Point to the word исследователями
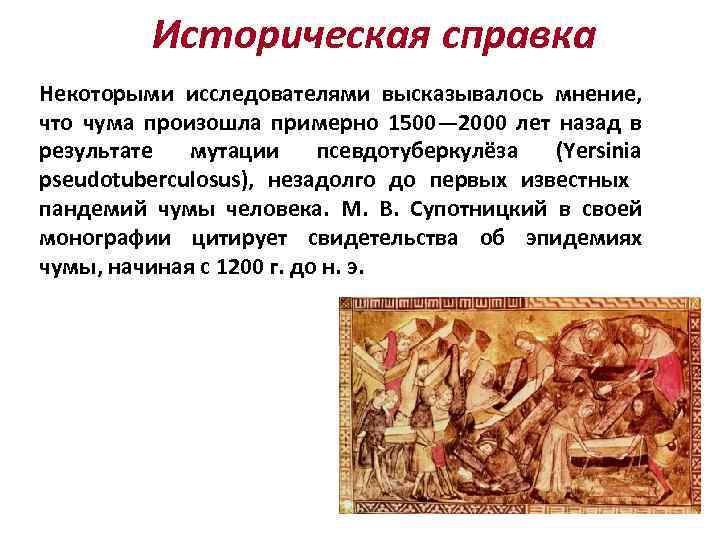pos(276,94)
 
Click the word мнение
pos(599,94)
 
